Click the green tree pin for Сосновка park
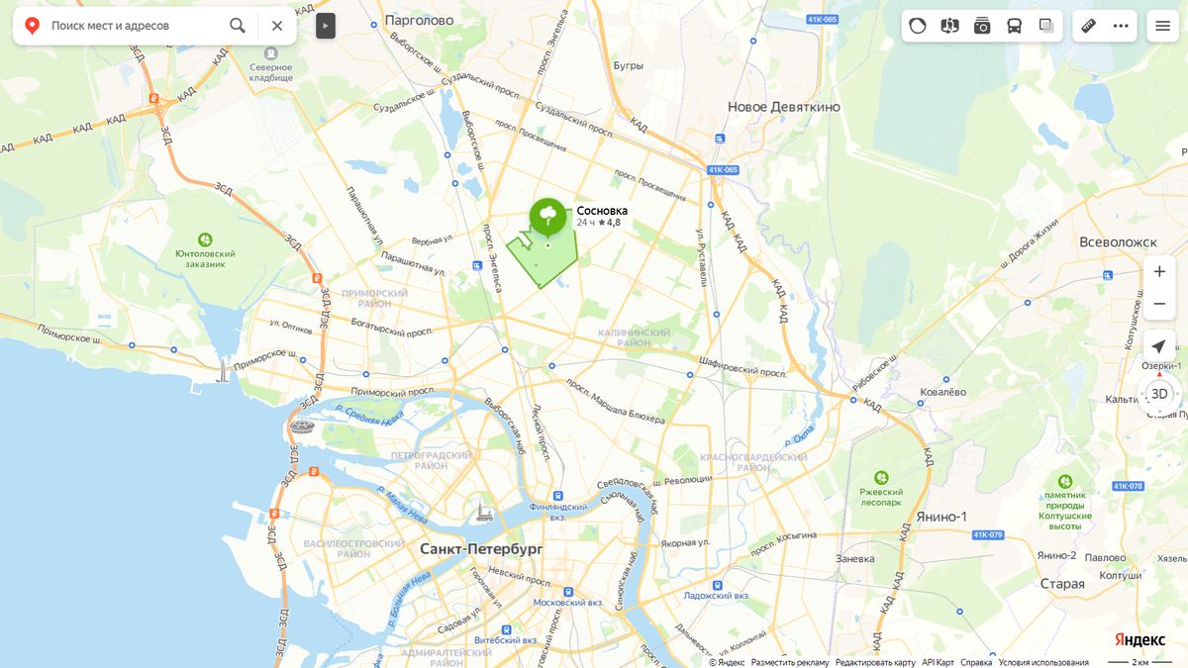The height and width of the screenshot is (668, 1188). coord(547,216)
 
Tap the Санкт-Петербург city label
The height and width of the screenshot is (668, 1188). coord(481,548)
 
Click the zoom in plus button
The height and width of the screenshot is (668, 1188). coord(1159,272)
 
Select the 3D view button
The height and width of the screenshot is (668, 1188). coord(1159,394)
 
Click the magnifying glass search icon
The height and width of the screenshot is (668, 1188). coord(238,26)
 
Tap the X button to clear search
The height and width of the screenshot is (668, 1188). coord(277,26)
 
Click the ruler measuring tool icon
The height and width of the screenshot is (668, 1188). coord(1088,26)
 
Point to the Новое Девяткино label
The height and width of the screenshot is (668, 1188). coord(783,107)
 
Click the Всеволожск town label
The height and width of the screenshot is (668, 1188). coord(1118,241)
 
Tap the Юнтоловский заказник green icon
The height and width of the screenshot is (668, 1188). coord(205,239)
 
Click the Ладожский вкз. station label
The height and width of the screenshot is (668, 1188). coord(717,596)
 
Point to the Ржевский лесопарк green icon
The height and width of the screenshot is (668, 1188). coord(881,479)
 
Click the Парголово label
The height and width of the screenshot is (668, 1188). coord(422,20)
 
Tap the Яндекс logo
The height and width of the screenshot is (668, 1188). coord(1139,639)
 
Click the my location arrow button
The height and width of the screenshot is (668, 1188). coord(1159,346)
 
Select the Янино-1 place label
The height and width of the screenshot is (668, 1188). coord(941,517)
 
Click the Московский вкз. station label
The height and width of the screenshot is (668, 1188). coord(568,602)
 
